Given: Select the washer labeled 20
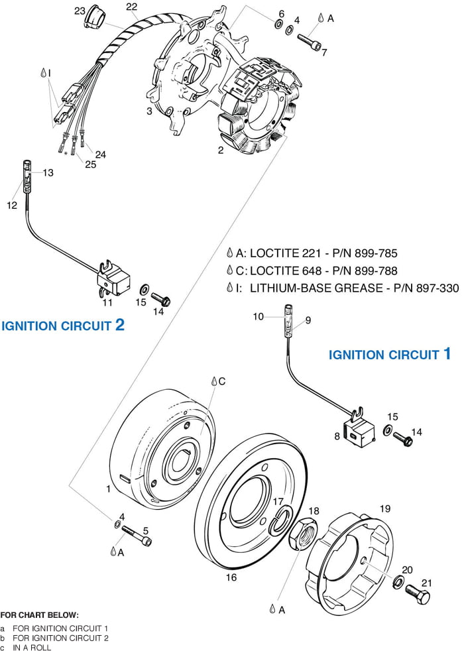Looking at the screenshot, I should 399,582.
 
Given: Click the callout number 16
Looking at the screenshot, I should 231,577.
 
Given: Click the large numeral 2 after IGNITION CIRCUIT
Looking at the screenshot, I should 119,325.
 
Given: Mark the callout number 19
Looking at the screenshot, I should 384,509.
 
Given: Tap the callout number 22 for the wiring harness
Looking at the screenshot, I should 131,7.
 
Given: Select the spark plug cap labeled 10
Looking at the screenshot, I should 290,310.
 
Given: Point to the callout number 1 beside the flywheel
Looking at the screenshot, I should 108,489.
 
